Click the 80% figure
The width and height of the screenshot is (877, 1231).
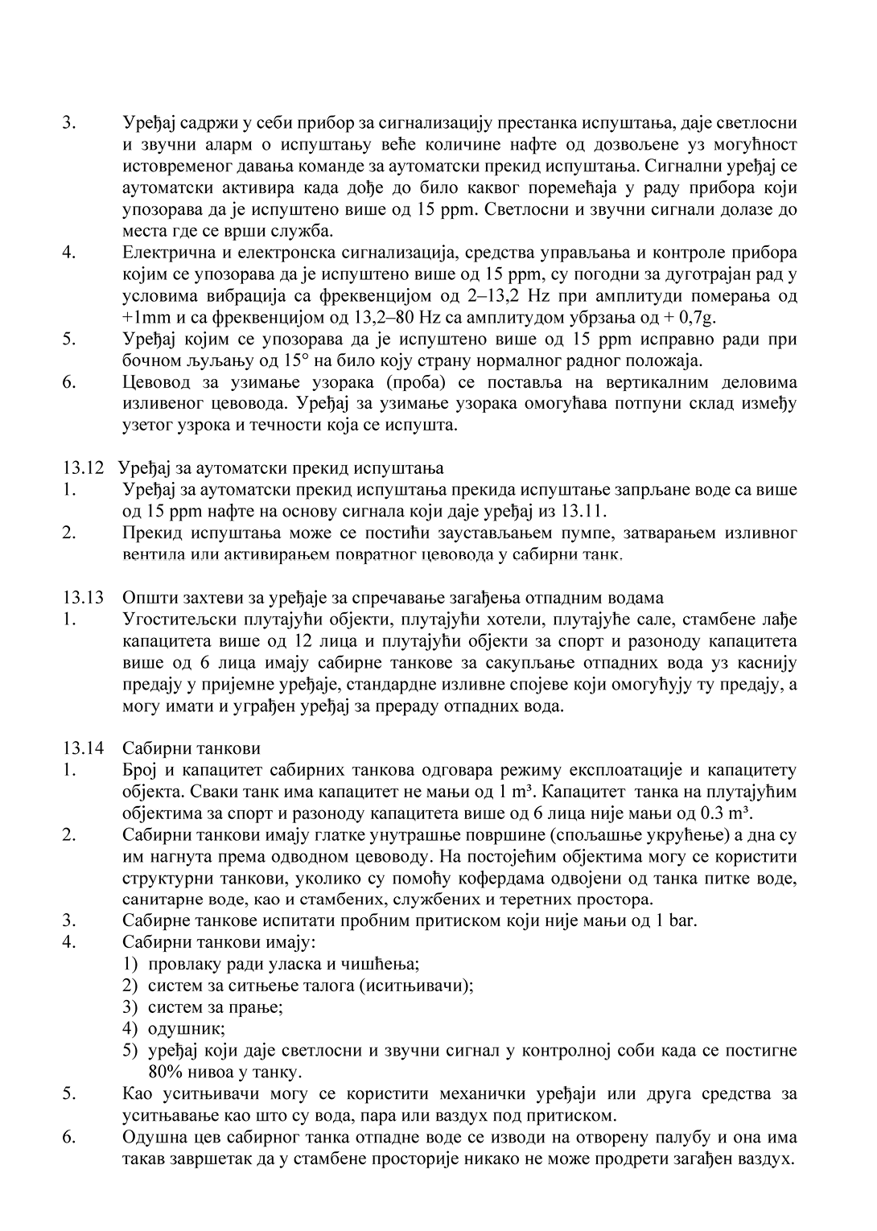coord(165,1072)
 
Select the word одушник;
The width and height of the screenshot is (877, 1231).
coord(187,1029)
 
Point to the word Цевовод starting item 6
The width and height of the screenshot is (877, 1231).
coord(158,381)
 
